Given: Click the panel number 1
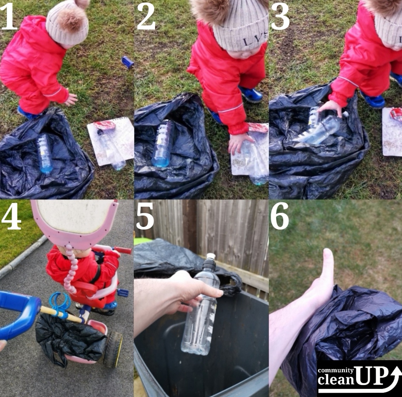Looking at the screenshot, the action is (x=9, y=17).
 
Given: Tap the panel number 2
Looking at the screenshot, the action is (x=146, y=17).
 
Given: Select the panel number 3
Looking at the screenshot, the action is (x=280, y=17).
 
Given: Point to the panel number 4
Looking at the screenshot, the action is (x=11, y=216).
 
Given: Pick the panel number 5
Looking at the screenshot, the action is (x=145, y=216).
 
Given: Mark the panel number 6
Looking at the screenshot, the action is (x=280, y=216).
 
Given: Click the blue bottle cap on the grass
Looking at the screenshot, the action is (x=128, y=62).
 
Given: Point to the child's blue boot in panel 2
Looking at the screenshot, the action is (x=251, y=94).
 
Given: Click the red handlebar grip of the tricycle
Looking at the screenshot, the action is (x=123, y=250).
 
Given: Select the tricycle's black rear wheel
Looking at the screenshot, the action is (x=113, y=350).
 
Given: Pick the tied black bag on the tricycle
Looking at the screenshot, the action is (x=69, y=338).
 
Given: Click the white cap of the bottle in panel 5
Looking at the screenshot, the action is (x=211, y=256).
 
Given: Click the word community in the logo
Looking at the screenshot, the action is (x=336, y=370).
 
